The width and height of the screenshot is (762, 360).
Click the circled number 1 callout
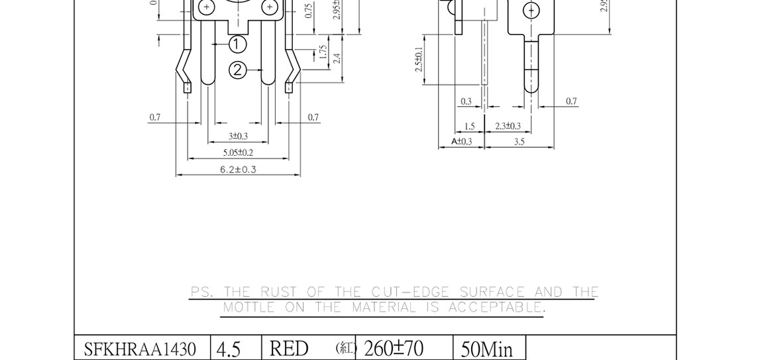(x=237, y=44)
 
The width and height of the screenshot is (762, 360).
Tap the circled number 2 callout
(x=238, y=70)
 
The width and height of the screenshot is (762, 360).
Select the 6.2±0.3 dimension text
(x=238, y=170)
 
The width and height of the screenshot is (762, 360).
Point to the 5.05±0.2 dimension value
(x=238, y=152)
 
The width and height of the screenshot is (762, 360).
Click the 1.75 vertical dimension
(x=323, y=52)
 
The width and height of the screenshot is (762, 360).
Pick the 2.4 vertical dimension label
(x=337, y=58)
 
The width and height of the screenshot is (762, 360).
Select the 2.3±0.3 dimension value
(x=508, y=126)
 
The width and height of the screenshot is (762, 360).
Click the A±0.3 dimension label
(x=462, y=141)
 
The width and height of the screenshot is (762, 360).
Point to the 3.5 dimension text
(x=519, y=141)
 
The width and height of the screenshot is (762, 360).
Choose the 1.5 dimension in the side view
(x=469, y=126)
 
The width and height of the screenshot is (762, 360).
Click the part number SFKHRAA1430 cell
(x=140, y=349)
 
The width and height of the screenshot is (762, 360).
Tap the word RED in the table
(x=289, y=349)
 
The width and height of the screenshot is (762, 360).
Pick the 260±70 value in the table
(x=394, y=348)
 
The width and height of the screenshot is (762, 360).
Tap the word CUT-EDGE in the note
(x=411, y=292)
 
